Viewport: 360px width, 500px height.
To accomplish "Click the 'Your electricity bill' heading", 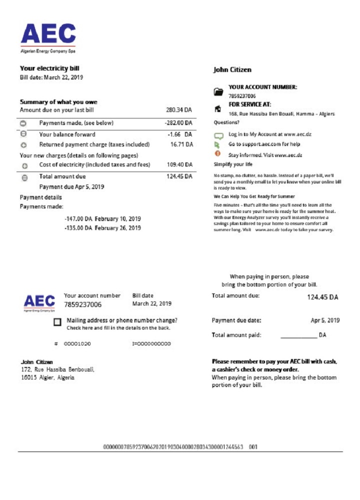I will (x=49, y=68).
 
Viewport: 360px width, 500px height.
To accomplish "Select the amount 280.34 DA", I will (x=179, y=110).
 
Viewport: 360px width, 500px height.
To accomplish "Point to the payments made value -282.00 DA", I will (x=178, y=123).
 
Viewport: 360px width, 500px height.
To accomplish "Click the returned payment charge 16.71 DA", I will (x=181, y=144).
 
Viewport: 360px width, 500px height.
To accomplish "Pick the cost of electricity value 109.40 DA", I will (x=179, y=164).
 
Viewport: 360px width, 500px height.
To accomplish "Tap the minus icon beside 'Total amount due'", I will (x=24, y=177).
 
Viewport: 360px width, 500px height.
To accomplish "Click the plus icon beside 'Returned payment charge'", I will (x=23, y=145).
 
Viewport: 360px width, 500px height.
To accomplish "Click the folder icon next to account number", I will (x=218, y=91).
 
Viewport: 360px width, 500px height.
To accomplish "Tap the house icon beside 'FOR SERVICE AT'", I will (x=217, y=108).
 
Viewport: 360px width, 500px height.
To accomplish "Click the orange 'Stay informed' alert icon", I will (x=217, y=154).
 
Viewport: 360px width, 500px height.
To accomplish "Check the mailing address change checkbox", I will (x=57, y=322).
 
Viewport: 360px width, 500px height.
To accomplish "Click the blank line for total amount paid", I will (x=298, y=336).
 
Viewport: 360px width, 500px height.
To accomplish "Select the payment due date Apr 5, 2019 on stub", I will (x=325, y=320).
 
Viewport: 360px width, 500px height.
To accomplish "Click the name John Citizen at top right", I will (x=232, y=70).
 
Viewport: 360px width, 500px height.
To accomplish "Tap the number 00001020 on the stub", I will (x=77, y=344).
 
